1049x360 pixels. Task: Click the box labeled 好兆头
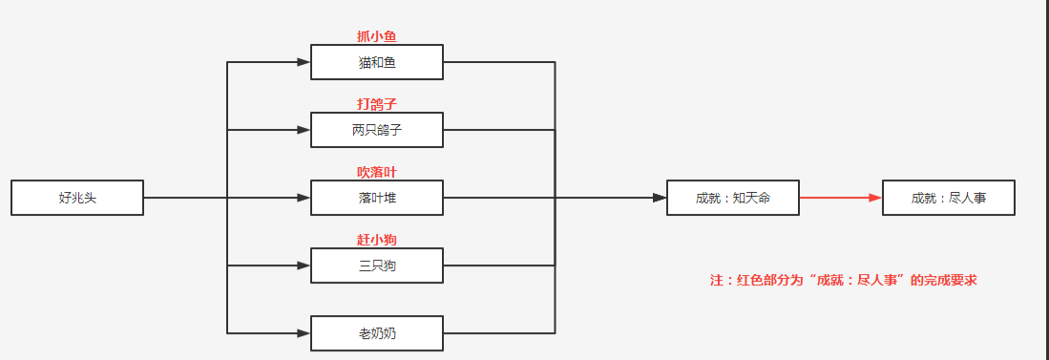(x=77, y=198)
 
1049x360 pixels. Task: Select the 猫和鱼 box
(x=376, y=62)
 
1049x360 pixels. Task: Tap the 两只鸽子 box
(x=376, y=130)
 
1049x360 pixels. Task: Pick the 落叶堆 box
(x=376, y=198)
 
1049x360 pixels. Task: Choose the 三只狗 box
(x=376, y=265)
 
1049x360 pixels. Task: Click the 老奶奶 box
(x=376, y=333)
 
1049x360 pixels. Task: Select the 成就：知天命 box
(x=732, y=198)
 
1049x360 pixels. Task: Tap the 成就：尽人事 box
(x=948, y=198)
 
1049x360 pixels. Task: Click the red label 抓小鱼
(x=376, y=36)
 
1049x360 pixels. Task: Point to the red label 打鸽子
(x=376, y=104)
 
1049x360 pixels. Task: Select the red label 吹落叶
(x=376, y=172)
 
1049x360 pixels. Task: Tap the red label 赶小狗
(x=376, y=240)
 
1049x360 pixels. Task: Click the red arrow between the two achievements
(x=840, y=198)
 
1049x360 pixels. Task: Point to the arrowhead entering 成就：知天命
(x=660, y=198)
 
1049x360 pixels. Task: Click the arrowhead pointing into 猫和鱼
(x=304, y=62)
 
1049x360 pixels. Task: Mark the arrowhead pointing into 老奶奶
(x=304, y=333)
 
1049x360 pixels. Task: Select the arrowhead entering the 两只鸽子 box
(x=304, y=130)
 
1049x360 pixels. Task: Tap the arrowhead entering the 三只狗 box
(x=304, y=265)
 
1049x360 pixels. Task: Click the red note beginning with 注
(x=843, y=281)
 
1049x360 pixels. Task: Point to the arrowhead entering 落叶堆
(x=304, y=198)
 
